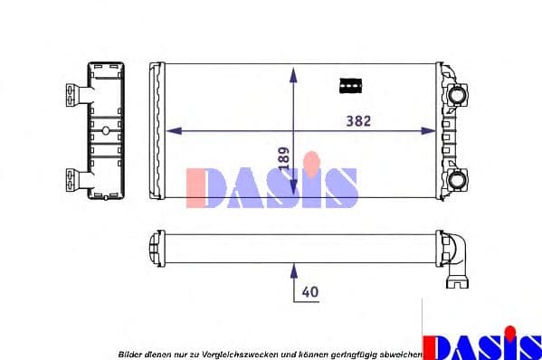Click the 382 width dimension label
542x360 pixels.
(359, 120)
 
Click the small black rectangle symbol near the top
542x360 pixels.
(348, 84)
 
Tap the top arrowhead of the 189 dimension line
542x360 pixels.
(292, 71)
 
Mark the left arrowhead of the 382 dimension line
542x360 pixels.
(175, 131)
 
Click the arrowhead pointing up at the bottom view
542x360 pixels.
(292, 269)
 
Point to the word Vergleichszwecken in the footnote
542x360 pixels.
(240, 352)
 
